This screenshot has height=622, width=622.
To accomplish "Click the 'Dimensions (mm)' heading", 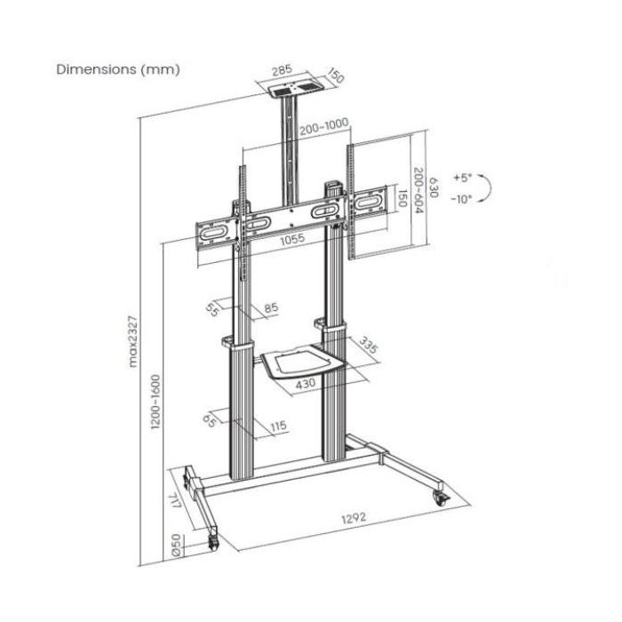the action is tap(118, 69).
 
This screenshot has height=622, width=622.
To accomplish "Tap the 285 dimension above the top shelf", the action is tap(282, 70).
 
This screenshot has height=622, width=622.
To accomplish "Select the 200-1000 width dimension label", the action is tap(323, 126).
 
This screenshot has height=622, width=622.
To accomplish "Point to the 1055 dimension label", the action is tap(292, 239).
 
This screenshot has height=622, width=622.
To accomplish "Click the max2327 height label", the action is tap(133, 341).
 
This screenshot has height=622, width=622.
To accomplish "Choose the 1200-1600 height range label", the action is tap(155, 402).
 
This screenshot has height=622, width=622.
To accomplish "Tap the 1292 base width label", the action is tap(354, 518).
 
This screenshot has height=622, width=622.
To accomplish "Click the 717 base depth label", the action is tap(175, 500).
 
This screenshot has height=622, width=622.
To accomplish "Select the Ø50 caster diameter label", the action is tap(176, 545).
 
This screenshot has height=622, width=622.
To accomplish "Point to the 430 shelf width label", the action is tap(306, 383).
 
